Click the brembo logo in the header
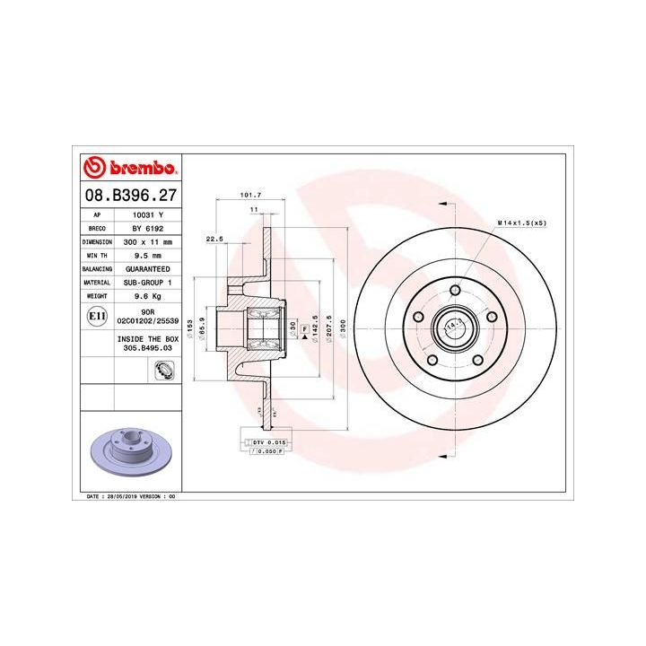[x=131, y=168]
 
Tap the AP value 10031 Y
[x=148, y=215]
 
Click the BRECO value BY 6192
[x=148, y=229]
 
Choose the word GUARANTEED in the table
[x=148, y=269]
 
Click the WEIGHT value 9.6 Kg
[x=147, y=295]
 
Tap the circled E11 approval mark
[x=97, y=316]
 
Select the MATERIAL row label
[x=96, y=282]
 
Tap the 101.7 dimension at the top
[x=251, y=196]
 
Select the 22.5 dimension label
[x=214, y=240]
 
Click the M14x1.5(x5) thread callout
[x=522, y=223]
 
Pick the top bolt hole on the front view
[x=455, y=291]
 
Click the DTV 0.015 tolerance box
[x=266, y=442]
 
